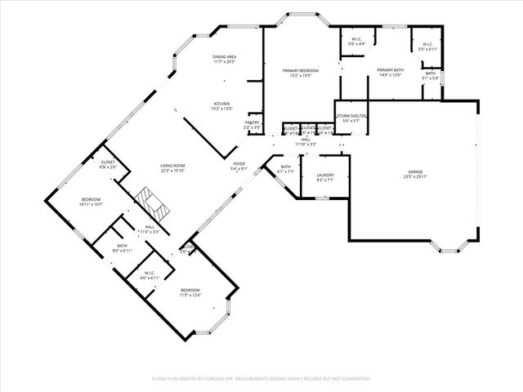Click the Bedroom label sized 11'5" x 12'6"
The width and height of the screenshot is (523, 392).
(190, 292)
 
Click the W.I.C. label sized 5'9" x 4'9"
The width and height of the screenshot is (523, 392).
(357, 42)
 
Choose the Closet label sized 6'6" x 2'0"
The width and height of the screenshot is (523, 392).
(108, 164)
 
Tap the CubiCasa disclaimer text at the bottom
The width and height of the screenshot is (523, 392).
(261, 379)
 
